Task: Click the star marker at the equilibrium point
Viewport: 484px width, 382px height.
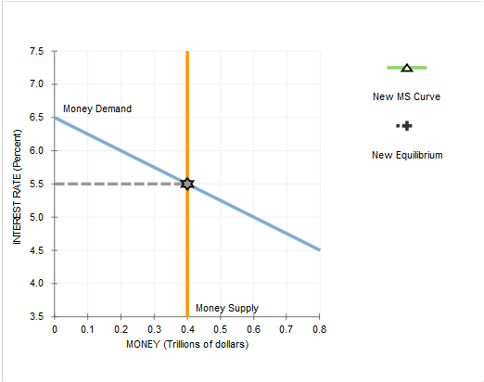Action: tap(187, 184)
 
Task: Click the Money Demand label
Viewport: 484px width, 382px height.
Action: tap(97, 109)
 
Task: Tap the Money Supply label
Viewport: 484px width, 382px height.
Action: tap(227, 308)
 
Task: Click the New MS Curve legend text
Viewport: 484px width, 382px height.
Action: tap(407, 96)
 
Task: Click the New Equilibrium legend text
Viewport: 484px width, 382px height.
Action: tap(407, 155)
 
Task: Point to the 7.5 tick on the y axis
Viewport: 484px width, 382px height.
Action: tap(36, 51)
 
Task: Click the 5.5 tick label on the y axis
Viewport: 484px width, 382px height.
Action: tap(36, 184)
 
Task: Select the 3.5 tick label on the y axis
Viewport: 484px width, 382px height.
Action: tap(36, 316)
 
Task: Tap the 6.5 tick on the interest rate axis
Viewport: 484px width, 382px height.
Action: tap(36, 118)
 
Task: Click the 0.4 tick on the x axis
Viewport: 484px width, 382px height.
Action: tap(187, 329)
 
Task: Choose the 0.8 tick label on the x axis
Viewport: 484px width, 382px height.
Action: tap(320, 329)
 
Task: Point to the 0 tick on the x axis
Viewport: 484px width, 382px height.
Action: tap(55, 329)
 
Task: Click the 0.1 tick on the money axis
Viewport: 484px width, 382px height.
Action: tap(88, 329)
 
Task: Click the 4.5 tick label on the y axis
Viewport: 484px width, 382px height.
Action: tap(36, 250)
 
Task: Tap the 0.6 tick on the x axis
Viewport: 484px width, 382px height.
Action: tap(254, 329)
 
